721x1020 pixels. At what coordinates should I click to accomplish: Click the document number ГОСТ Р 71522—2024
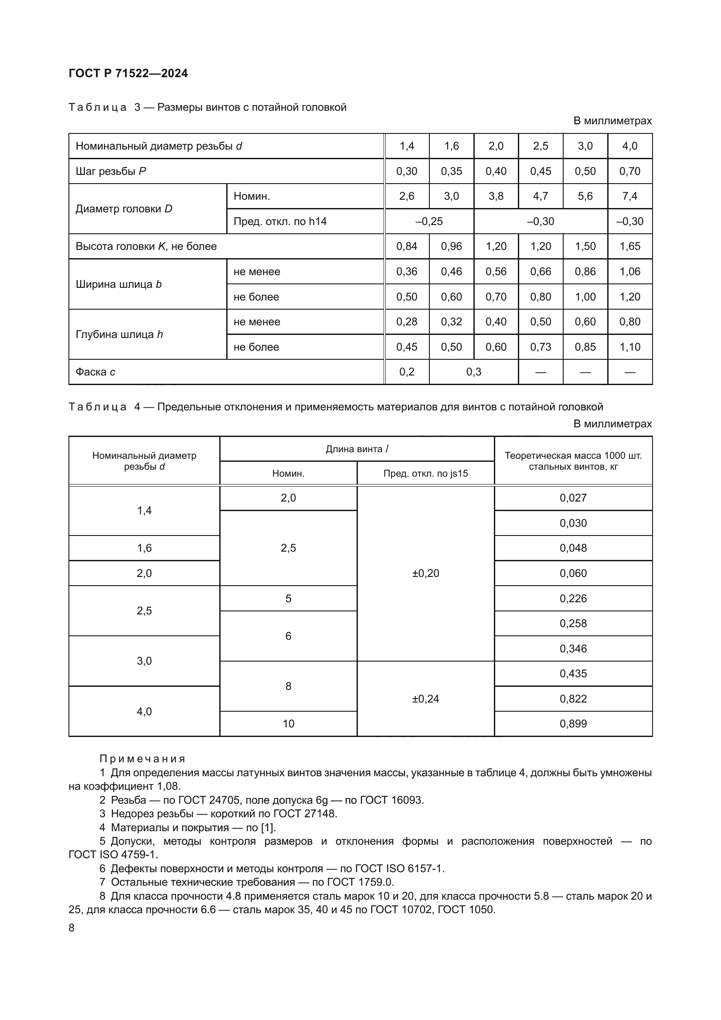coord(128,74)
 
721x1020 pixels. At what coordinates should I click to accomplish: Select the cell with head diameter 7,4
coord(629,196)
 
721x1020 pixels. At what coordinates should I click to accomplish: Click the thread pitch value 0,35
coord(451,171)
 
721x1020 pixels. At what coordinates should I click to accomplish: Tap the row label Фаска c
coord(95,372)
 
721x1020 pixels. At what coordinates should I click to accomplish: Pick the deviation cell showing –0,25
coord(429,222)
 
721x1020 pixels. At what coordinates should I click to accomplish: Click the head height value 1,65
coord(629,246)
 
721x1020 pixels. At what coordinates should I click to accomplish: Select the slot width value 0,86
coord(585,272)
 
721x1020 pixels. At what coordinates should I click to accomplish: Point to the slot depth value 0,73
coord(540,347)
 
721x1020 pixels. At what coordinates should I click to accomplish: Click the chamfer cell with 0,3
coord(473,372)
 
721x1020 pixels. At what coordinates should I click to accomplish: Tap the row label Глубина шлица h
coord(119,334)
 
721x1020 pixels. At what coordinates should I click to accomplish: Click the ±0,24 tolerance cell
coord(425,699)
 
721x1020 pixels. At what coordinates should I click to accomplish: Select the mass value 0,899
coord(573,724)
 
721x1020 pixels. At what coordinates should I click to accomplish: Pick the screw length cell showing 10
coord(288,724)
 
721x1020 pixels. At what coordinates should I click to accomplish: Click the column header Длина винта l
coord(357,449)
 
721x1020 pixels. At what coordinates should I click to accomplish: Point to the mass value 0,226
coord(573,599)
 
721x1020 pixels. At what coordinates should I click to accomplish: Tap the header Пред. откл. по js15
coord(425,474)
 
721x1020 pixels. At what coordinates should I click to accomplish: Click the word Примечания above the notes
coord(142,759)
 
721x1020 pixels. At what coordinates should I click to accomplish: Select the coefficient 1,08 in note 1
coord(168,786)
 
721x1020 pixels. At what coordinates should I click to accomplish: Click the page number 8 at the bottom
coord(72,928)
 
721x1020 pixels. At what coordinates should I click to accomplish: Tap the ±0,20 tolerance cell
coord(425,573)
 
